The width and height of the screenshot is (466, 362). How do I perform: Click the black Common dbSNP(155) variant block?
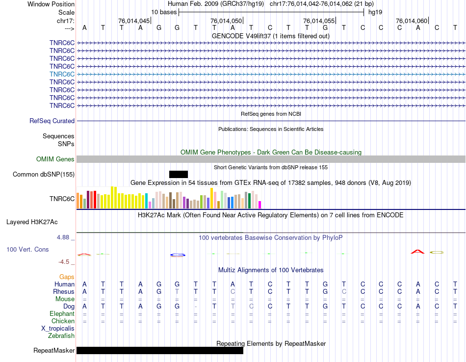[x=179, y=174]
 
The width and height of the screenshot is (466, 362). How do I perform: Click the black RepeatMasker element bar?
[x=159, y=350]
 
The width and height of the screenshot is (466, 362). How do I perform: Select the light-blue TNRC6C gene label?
[x=62, y=74]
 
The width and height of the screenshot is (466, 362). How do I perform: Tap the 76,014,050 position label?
[x=226, y=21]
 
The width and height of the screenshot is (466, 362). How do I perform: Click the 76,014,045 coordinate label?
[x=134, y=21]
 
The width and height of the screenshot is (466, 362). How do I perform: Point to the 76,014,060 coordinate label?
[x=412, y=21]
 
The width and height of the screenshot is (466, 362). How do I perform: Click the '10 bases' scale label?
[x=164, y=12]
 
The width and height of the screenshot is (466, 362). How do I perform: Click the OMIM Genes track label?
[x=55, y=159]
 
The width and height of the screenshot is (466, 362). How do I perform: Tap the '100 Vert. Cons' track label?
[x=27, y=250]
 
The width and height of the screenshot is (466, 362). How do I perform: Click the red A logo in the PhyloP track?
[x=417, y=252]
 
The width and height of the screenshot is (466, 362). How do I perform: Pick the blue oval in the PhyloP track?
[x=178, y=255]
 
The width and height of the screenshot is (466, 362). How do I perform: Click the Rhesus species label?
[x=64, y=292]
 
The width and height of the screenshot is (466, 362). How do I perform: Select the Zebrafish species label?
[x=61, y=336]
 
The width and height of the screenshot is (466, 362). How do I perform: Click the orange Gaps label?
[x=67, y=277]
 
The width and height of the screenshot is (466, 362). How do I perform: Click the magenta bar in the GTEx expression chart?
[x=260, y=205]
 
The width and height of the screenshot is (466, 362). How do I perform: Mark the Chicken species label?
[x=63, y=321]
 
